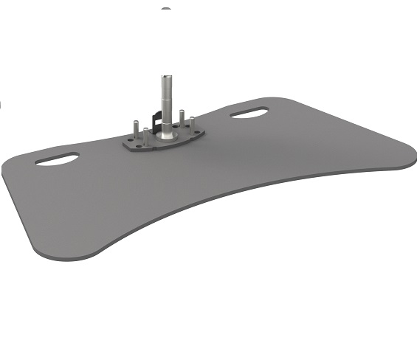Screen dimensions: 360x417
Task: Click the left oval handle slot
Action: coord(57,159)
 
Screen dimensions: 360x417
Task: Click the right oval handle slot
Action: coord(249,113)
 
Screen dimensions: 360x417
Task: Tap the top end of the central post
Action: coord(167,76)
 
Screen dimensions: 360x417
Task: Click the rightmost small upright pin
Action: coord(192,122)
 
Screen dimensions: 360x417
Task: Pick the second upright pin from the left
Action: coord(146,135)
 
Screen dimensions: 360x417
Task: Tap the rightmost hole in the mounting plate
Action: coord(199,134)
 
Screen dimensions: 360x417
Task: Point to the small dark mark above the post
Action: coord(166,9)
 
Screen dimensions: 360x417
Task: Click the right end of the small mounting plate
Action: coord(204,135)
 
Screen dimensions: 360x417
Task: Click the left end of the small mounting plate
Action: coord(124,145)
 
